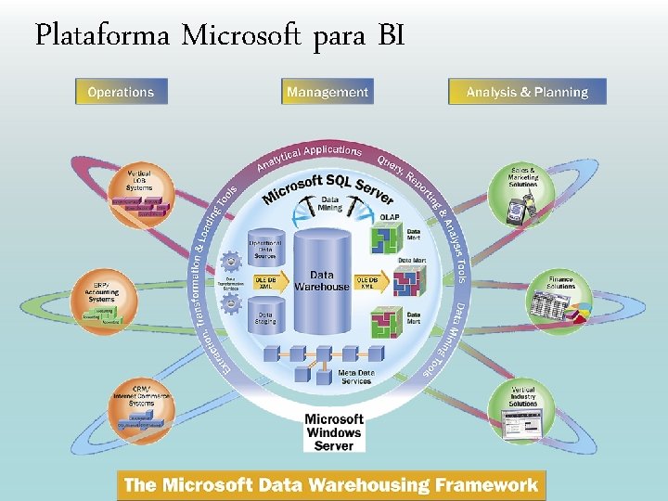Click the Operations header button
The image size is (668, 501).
121,92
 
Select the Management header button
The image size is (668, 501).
328,92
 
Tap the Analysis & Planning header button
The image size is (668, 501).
527,92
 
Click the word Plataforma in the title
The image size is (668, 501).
102,36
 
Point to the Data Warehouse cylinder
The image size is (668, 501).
322,278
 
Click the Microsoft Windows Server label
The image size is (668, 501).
334,432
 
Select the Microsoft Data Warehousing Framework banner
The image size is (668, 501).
331,485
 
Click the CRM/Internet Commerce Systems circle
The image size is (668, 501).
142,406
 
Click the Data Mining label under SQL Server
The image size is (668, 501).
329,203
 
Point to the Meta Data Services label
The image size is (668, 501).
356,377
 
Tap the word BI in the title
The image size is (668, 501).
391,36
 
